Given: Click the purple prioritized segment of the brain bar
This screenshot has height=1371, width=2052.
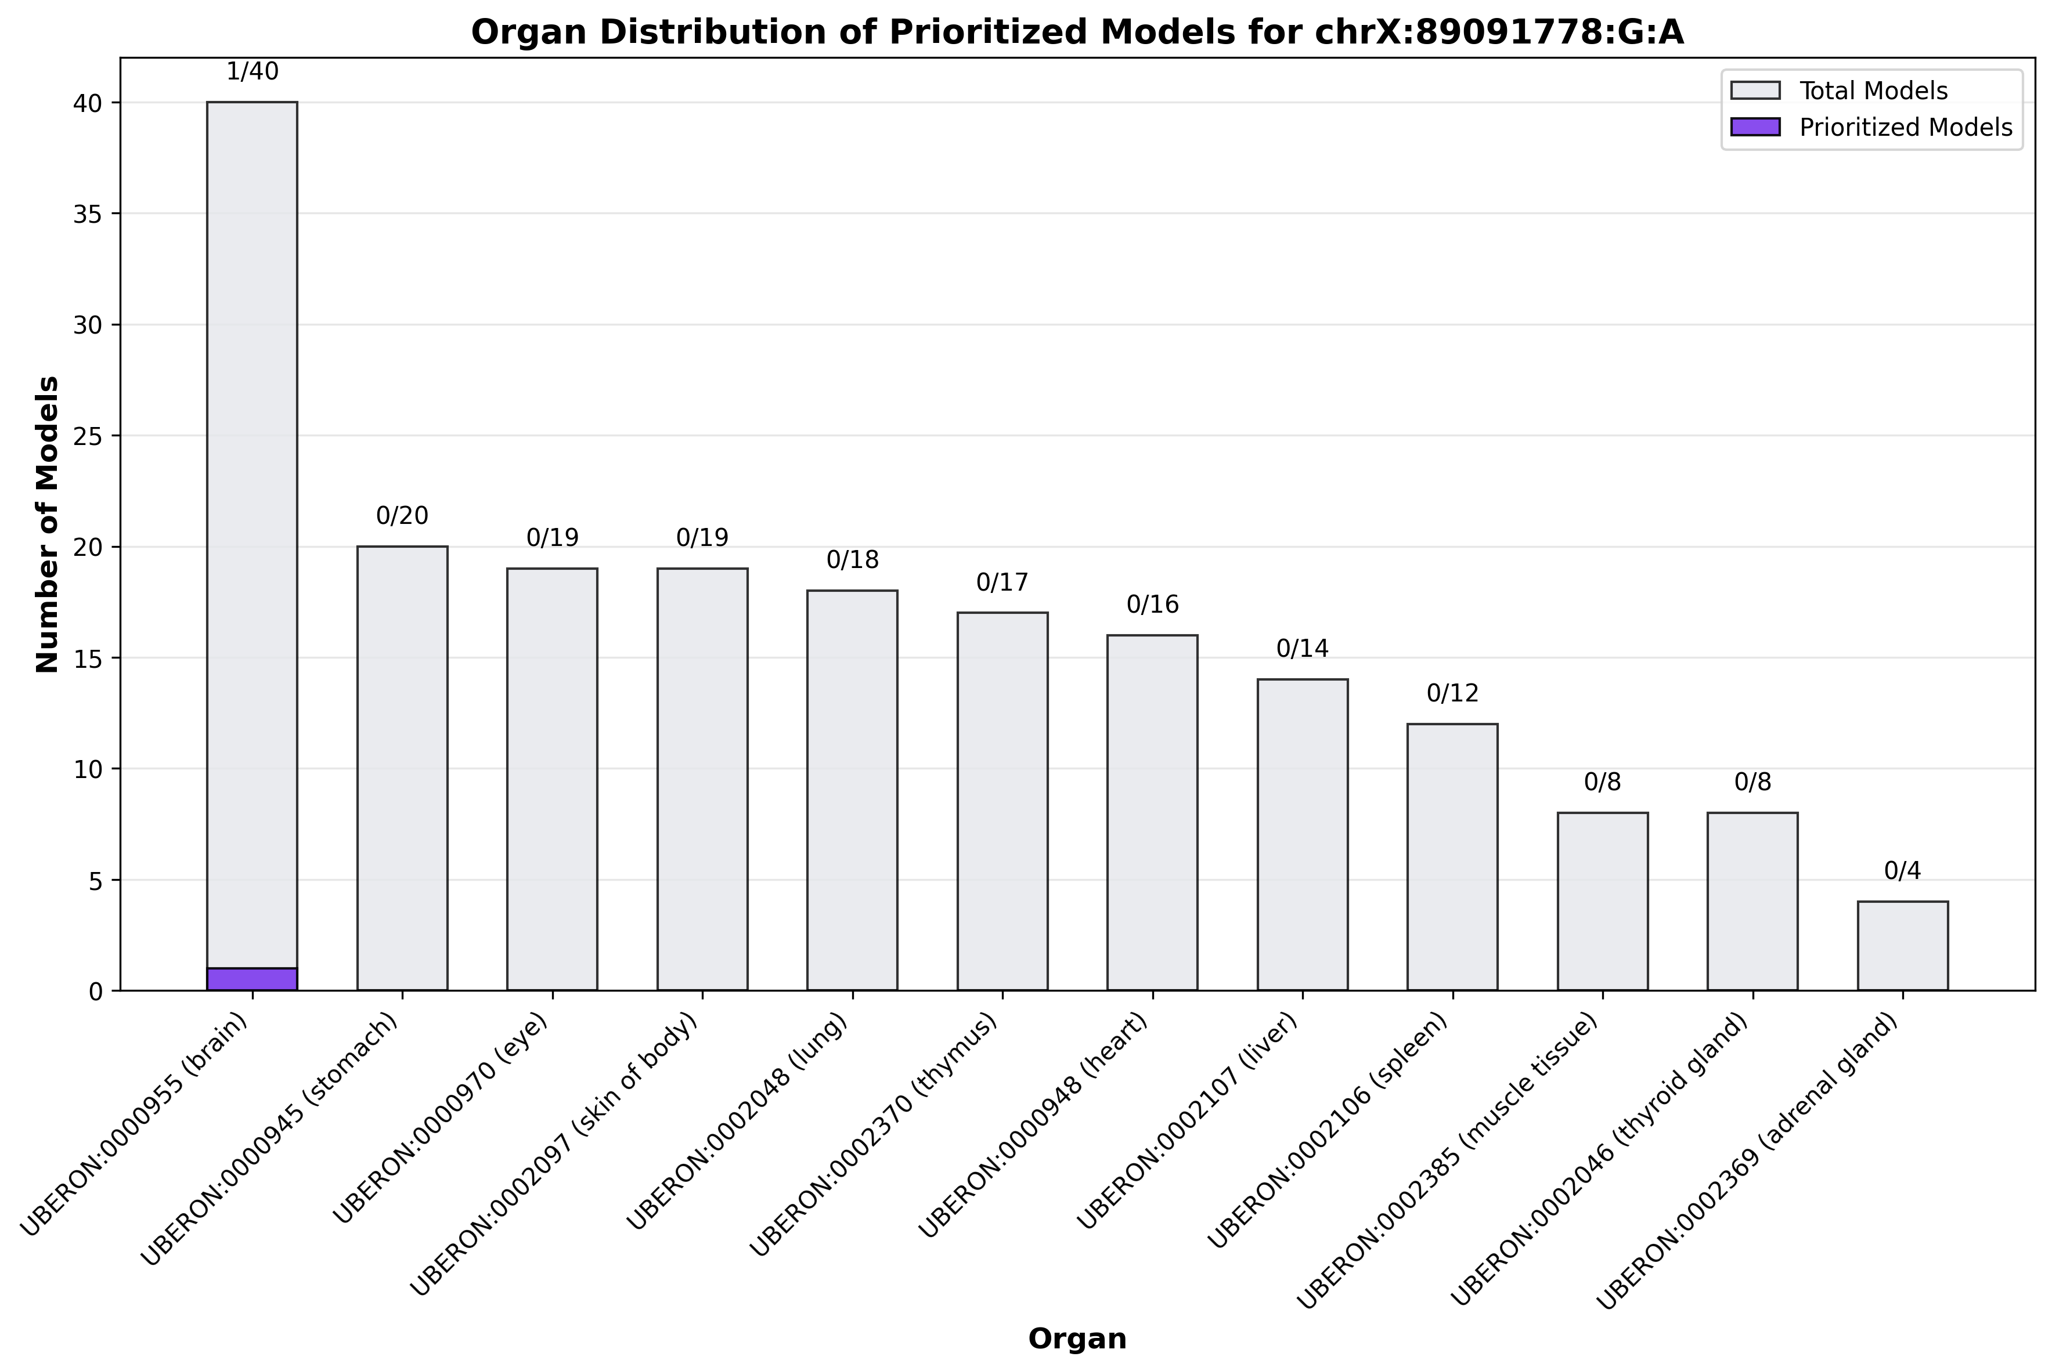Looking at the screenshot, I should coord(252,979).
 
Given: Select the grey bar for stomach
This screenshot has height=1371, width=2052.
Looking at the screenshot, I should coord(402,769).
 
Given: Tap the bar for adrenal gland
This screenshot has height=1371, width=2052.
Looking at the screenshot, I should coord(1902,946).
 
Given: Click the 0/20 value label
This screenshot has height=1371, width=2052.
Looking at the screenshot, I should coord(402,516).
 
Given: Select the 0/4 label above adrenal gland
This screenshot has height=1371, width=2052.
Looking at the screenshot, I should coord(1902,871).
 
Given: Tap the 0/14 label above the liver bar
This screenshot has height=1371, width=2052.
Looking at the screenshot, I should coord(1303,649).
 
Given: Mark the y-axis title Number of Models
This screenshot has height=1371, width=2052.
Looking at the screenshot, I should coord(48,524).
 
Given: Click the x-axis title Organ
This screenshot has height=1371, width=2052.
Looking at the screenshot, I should coord(1077,1339).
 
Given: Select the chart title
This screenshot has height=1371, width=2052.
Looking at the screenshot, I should coord(1077,32).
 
